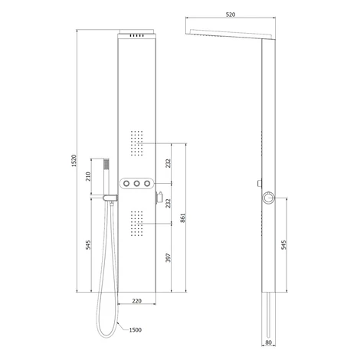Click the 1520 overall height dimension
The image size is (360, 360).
click(x=74, y=161)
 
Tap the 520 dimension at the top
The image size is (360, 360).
click(x=231, y=15)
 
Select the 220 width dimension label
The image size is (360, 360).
click(x=137, y=301)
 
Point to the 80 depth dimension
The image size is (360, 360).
click(x=268, y=342)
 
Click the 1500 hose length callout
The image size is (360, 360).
click(x=136, y=330)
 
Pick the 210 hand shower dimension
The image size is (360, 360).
click(x=88, y=176)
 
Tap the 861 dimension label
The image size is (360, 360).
click(x=183, y=218)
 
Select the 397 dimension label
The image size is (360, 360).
click(x=168, y=257)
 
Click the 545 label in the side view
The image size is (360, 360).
click(x=283, y=244)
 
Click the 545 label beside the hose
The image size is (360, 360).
click(x=88, y=244)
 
